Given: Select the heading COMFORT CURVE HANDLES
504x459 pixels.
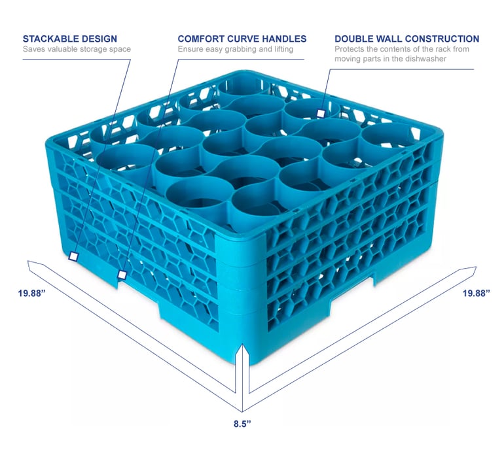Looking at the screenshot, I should click(x=242, y=39).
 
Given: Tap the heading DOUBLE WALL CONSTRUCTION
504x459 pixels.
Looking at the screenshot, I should click(x=406, y=39).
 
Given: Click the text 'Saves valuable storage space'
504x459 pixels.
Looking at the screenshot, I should click(x=77, y=49).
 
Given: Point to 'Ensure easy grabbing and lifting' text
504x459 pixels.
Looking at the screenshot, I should click(x=235, y=49).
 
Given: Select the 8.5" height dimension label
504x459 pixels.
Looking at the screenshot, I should click(x=242, y=424).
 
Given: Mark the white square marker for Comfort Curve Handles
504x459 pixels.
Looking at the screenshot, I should click(x=122, y=275).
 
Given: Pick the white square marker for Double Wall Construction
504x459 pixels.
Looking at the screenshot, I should click(x=320, y=113).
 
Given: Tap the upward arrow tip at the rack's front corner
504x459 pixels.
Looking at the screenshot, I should click(x=243, y=347).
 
